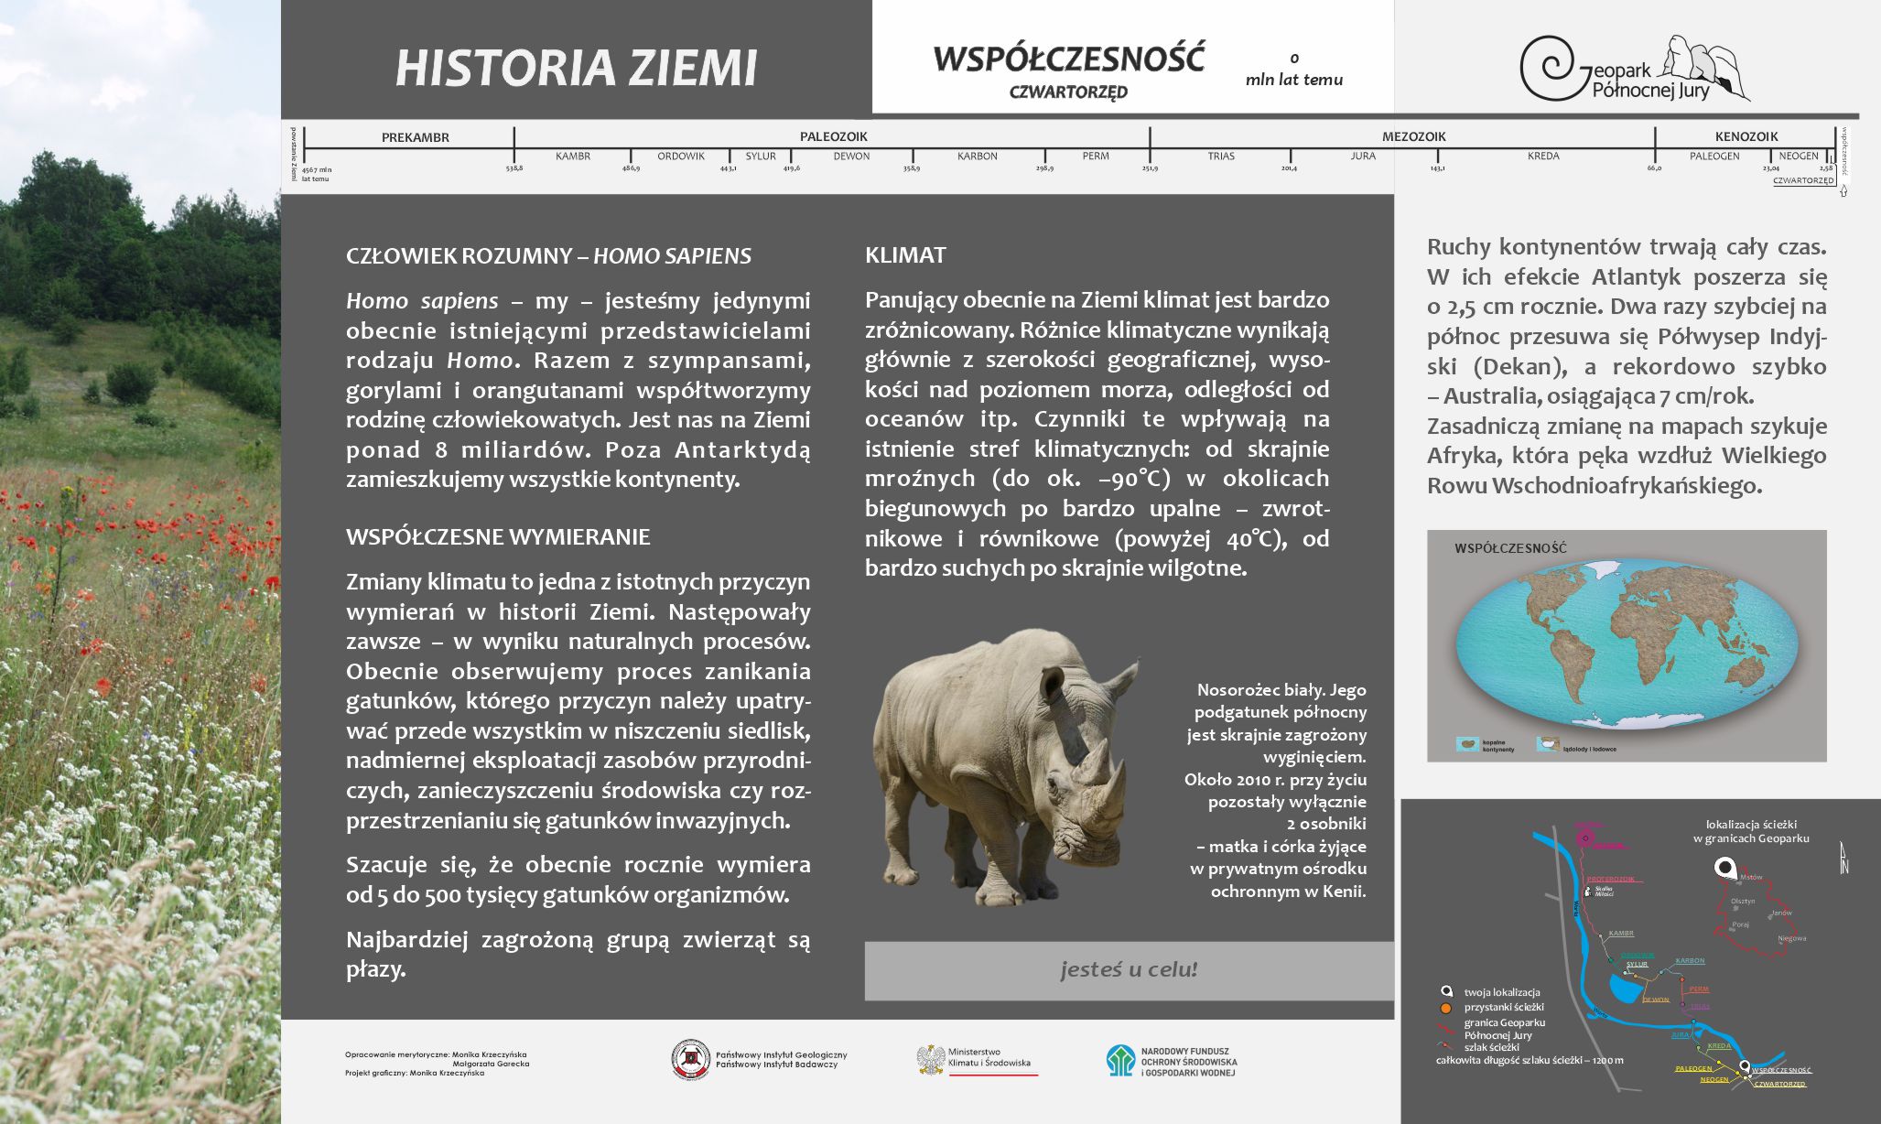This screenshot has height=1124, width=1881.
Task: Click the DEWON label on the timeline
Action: click(x=851, y=157)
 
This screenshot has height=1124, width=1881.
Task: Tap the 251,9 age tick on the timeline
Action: click(x=1150, y=168)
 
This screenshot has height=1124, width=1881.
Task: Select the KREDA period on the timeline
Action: click(x=1543, y=157)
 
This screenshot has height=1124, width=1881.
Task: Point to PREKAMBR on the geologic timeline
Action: click(x=416, y=138)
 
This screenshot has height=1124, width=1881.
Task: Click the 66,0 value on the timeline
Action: click(x=1654, y=168)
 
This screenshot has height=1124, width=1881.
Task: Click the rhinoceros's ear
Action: click(x=1052, y=682)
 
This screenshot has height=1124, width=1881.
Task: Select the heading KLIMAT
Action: click(x=905, y=255)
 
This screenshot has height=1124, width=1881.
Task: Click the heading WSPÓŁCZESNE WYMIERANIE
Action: click(x=498, y=537)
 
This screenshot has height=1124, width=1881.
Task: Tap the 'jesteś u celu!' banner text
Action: click(x=1129, y=969)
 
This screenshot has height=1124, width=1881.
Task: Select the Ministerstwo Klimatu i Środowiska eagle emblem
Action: click(x=931, y=1060)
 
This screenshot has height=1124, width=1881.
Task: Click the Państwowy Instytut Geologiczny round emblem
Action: click(x=691, y=1060)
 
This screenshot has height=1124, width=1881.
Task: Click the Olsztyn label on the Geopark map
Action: click(x=1743, y=902)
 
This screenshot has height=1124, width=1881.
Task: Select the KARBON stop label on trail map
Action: click(x=1690, y=961)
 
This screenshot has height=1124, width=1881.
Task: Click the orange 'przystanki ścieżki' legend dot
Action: click(x=1446, y=1008)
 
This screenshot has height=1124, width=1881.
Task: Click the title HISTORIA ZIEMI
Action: click(x=577, y=69)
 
